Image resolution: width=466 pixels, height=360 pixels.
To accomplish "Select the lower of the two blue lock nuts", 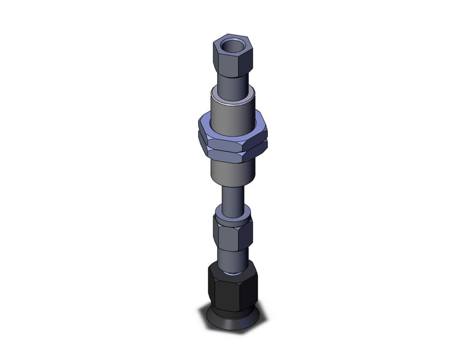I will pyautogui.click(x=233, y=149).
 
